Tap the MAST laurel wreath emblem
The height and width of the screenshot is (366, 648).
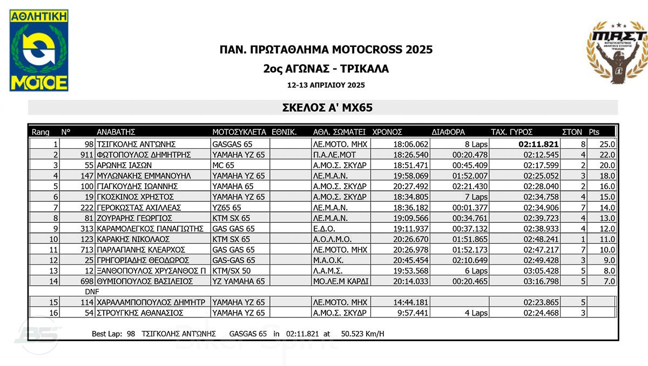[x=616, y=52]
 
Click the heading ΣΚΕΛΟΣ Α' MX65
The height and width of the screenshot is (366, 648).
[x=327, y=108]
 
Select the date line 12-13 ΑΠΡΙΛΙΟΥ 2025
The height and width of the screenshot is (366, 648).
[x=326, y=85]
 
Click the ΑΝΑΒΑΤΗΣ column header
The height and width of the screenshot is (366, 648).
[x=116, y=132]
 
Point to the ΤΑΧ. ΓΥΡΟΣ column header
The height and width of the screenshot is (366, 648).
[x=511, y=132]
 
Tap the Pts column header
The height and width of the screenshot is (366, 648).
[x=594, y=132]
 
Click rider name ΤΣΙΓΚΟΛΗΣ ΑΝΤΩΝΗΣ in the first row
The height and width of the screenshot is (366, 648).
[x=136, y=144]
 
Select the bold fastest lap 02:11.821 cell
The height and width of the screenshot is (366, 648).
[x=539, y=144]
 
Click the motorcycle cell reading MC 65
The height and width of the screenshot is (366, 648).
[x=224, y=165]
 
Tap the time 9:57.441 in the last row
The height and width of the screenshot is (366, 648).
[x=414, y=313]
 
